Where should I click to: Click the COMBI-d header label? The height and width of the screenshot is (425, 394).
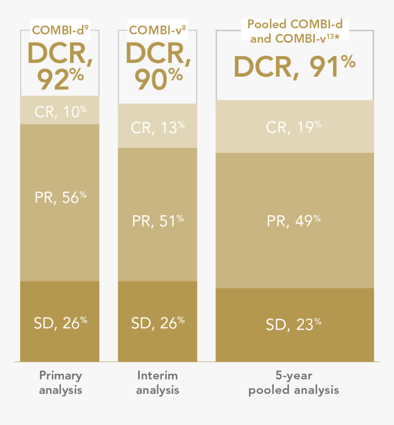(x=60, y=31)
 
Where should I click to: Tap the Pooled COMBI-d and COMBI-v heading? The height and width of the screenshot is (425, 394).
(x=295, y=31)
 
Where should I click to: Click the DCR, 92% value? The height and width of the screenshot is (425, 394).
(x=60, y=66)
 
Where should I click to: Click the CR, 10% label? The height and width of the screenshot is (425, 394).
(x=60, y=112)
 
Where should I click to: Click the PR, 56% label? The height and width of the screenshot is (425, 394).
(x=60, y=197)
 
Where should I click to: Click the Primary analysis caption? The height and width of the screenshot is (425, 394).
(x=60, y=383)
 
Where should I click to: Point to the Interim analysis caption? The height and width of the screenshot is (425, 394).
(x=158, y=383)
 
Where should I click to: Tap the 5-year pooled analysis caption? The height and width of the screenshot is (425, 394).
(x=294, y=383)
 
